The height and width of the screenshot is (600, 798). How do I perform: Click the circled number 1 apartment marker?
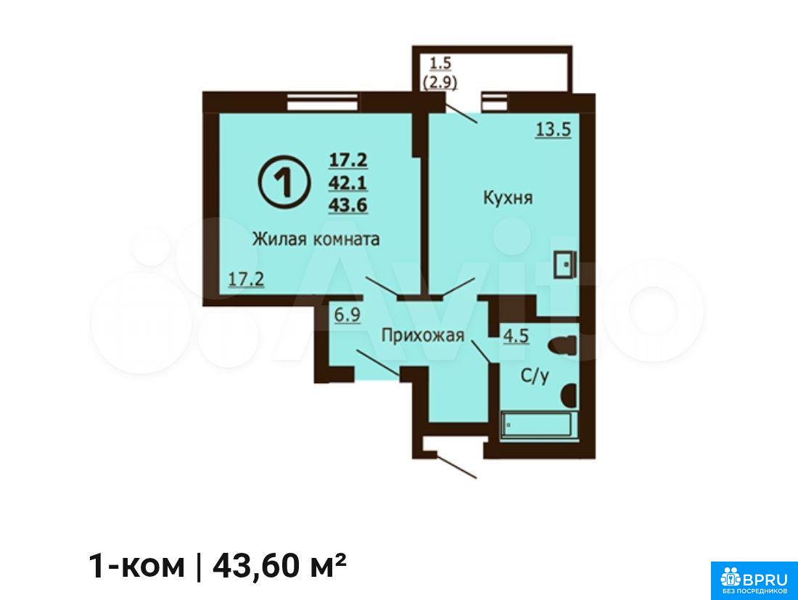pos(284,181)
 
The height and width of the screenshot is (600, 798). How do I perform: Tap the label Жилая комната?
pos(316,239)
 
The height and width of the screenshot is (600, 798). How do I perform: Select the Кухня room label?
pos(507,197)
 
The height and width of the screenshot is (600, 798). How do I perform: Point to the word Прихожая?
pos(423,335)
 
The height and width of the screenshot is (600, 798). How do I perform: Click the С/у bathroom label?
pos(535,376)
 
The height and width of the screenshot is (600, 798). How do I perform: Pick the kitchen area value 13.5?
pos(554,129)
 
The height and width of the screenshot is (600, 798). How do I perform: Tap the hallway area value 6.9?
pos(347,314)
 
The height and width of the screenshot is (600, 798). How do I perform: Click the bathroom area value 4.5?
pos(516,337)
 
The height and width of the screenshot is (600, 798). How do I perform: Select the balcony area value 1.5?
pos(441,63)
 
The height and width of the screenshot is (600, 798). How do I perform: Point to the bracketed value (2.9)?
pos(440,81)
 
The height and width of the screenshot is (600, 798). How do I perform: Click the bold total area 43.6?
pos(348,205)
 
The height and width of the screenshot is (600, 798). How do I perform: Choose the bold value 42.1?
pos(348,182)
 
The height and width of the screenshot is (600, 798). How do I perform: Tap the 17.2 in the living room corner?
pos(247,279)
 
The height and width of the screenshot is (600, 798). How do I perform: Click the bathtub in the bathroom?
pos(539,424)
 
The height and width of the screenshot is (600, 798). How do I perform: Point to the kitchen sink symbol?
pos(565,265)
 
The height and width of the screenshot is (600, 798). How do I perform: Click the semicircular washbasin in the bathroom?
pos(569,395)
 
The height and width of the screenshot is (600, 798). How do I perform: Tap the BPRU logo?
pos(754,580)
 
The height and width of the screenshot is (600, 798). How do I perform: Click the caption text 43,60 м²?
pos(280,566)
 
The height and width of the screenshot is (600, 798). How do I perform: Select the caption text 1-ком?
pos(136,567)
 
